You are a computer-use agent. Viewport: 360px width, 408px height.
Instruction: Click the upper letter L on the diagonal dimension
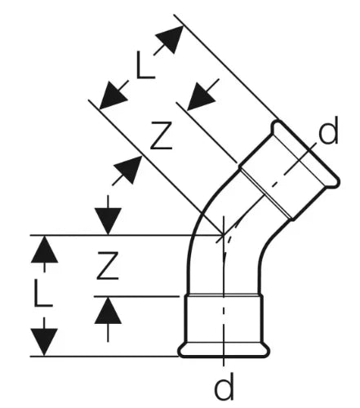point(145,65)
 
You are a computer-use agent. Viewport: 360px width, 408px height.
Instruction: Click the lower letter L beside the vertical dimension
point(43,293)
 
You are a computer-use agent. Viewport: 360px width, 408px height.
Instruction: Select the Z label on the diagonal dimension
point(162,135)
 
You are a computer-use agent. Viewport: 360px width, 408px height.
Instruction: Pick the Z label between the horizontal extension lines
point(108,266)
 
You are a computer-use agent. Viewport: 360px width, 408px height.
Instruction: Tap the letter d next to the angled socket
point(328,131)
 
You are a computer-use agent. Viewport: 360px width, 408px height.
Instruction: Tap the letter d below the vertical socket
point(224,386)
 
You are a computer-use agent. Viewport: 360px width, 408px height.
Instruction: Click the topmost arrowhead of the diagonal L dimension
point(171,39)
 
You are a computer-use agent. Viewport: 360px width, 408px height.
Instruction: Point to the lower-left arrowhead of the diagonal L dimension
point(112,96)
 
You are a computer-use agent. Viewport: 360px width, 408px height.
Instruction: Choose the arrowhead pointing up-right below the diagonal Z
point(129,169)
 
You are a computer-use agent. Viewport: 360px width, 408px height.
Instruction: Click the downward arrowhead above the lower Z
point(108,220)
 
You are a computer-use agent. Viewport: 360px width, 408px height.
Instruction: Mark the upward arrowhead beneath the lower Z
point(108,310)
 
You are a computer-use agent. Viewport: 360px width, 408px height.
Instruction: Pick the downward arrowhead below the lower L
point(44,342)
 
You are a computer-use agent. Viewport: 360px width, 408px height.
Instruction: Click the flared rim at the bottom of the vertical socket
point(224,351)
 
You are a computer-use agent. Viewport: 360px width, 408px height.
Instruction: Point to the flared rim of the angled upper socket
point(305,153)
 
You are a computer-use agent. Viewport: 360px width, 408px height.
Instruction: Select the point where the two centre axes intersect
point(224,235)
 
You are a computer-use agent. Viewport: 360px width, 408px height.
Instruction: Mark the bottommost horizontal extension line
point(104,356)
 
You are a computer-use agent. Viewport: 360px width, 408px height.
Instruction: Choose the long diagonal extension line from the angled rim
point(226,67)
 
